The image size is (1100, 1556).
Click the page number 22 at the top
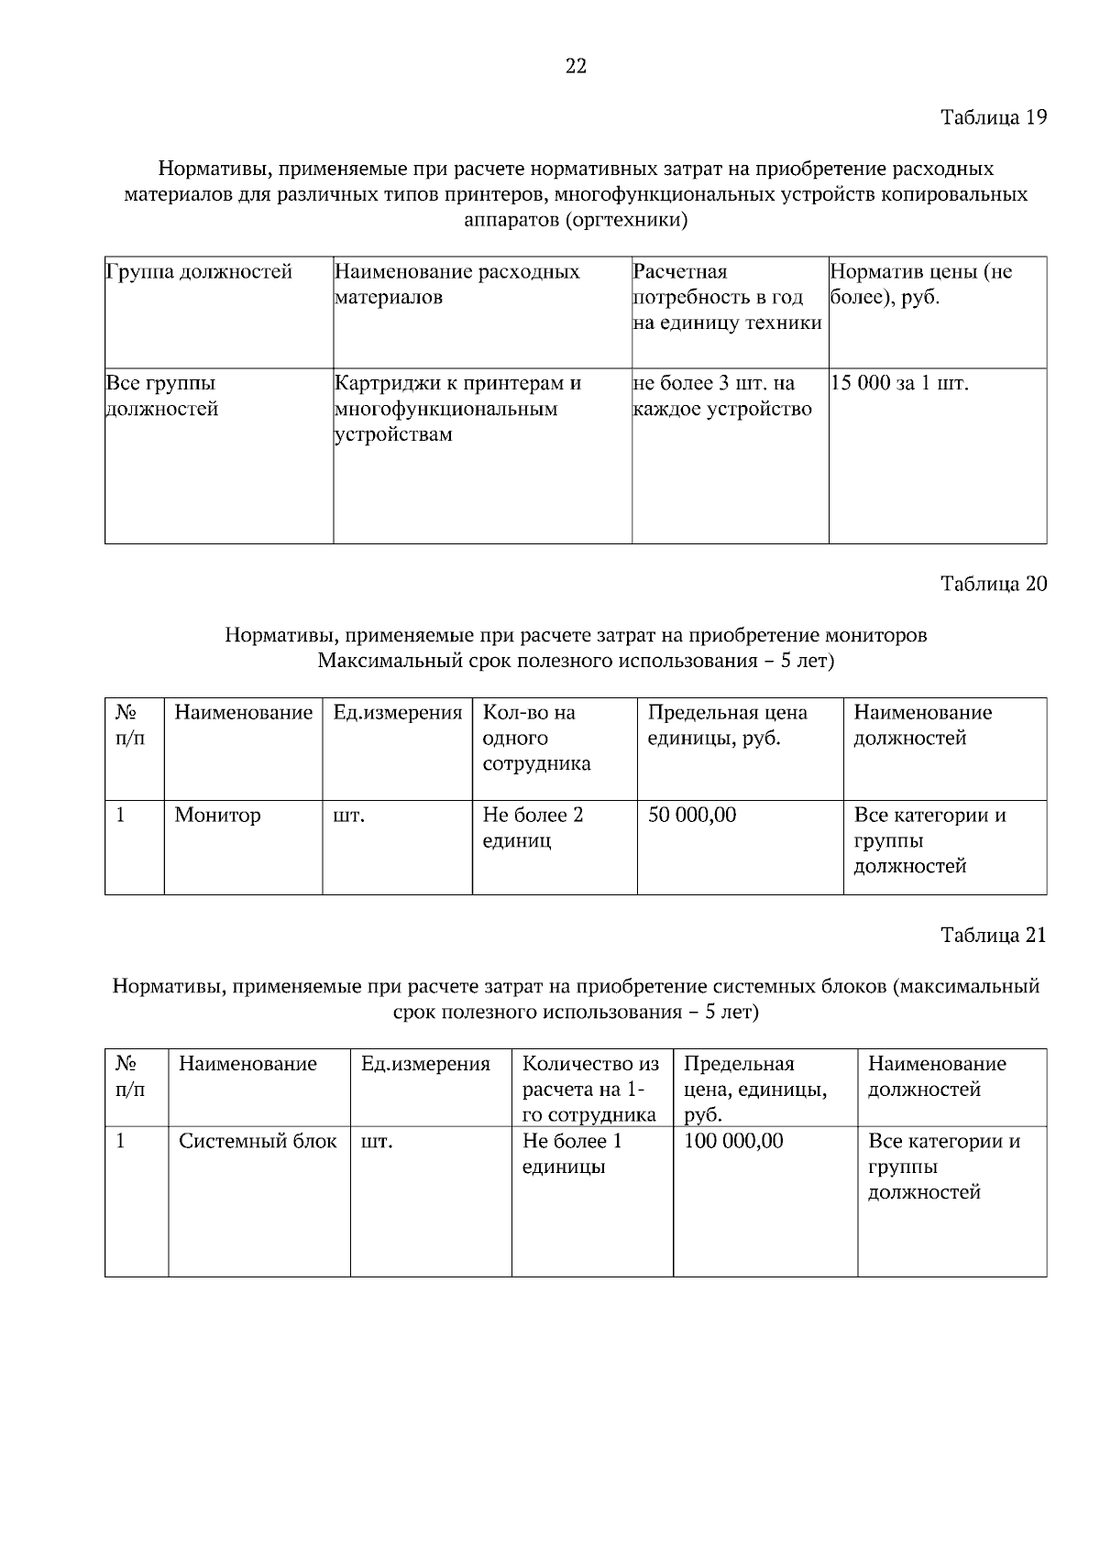[x=576, y=66]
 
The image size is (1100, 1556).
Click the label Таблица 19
[x=993, y=117]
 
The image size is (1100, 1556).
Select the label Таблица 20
[x=993, y=584]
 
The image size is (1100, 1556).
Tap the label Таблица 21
[x=993, y=936]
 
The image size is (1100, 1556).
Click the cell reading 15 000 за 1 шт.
[x=899, y=383]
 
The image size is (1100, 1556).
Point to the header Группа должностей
[x=199, y=272]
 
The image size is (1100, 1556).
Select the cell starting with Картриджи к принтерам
[x=457, y=408]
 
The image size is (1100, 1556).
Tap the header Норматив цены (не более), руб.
[x=920, y=285]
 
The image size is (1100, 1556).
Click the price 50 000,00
[x=692, y=815]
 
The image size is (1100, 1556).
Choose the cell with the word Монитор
[x=217, y=815]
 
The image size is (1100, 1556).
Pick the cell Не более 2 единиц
[x=533, y=827]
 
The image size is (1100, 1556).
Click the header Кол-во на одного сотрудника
[x=536, y=738]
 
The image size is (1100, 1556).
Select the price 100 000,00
[x=733, y=1141]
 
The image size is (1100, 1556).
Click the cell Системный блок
[x=258, y=1141]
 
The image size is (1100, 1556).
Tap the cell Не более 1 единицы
[x=572, y=1154]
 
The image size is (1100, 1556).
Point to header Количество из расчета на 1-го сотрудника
[x=590, y=1089]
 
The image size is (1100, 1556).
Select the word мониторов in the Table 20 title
[x=875, y=635]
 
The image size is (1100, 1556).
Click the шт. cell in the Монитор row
[x=348, y=816]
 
